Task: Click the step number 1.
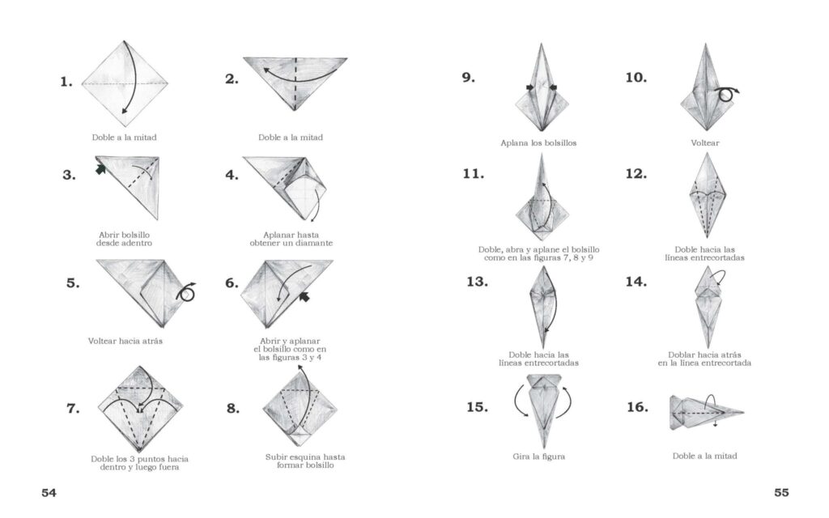(x=66, y=82)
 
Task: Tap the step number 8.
(x=232, y=408)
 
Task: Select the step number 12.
(x=636, y=173)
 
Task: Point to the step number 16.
(x=637, y=406)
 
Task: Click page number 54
(x=49, y=493)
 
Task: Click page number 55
(x=781, y=493)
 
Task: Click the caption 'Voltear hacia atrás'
(x=125, y=341)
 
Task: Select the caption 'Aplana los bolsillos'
(x=538, y=142)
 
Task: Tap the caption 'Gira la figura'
(x=538, y=456)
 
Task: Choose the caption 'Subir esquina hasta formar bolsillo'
(x=305, y=461)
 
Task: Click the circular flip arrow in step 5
(x=186, y=291)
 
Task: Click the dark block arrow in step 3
(x=100, y=169)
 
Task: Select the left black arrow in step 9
(x=529, y=87)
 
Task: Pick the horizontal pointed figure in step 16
(x=706, y=412)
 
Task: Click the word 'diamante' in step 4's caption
(x=314, y=243)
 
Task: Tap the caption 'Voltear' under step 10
(x=705, y=142)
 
